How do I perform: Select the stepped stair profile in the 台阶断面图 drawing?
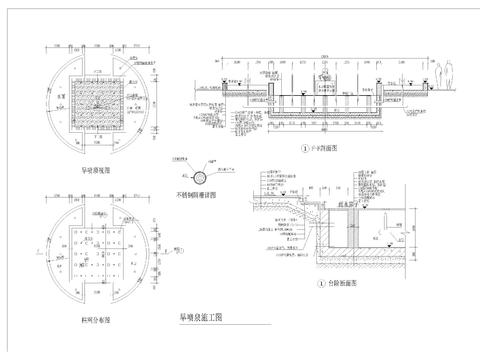coord(291,205)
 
